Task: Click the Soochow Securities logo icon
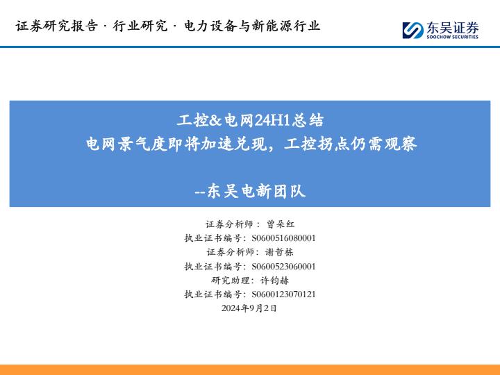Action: tap(413, 31)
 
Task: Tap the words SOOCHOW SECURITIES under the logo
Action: tap(453, 37)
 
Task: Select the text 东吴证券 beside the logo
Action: tap(453, 28)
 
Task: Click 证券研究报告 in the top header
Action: tap(56, 26)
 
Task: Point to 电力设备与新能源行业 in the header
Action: tap(252, 26)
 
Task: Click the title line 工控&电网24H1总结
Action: tap(250, 121)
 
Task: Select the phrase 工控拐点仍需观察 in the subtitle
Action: tap(351, 144)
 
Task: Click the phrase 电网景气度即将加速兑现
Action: tap(176, 144)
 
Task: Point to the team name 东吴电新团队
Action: tap(256, 192)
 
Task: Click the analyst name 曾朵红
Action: tap(281, 224)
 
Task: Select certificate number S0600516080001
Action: tap(283, 238)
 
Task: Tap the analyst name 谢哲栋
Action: tap(279, 252)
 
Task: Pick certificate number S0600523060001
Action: tap(283, 266)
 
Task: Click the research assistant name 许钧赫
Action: tap(274, 281)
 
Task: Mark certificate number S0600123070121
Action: tap(283, 294)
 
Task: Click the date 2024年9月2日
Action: tap(249, 308)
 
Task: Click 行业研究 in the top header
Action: tap(140, 26)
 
